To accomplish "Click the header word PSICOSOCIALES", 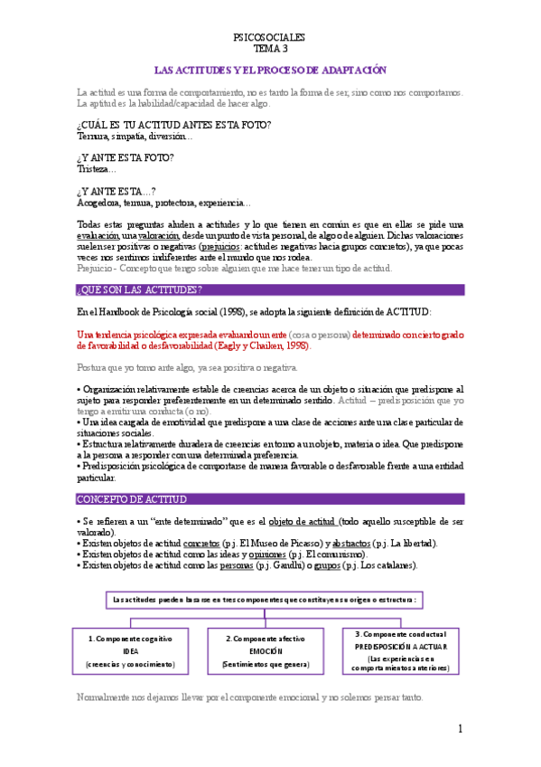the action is tap(269, 37).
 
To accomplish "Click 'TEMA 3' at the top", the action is tap(269, 49).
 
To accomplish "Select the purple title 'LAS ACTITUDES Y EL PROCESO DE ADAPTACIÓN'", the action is tap(270, 70).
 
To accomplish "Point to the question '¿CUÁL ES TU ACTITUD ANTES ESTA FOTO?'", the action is tap(174, 124).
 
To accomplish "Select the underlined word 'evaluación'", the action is tap(98, 235).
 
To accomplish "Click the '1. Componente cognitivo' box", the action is tap(130, 650).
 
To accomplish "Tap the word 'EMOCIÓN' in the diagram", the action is tap(266, 651).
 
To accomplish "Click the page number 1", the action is tap(460, 729).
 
